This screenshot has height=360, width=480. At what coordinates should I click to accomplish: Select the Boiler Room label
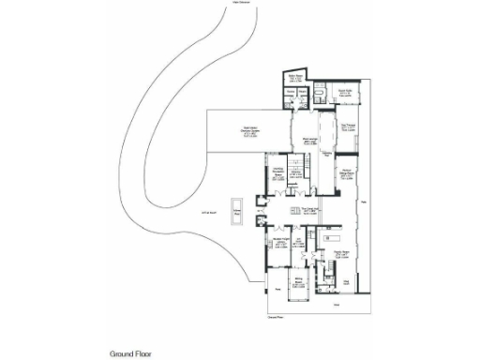[x=292, y=78]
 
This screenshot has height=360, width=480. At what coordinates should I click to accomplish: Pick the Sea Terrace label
[x=348, y=127]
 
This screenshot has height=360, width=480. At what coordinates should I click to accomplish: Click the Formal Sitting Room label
[x=346, y=173]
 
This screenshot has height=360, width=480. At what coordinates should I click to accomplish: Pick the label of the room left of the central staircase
[x=278, y=172]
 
